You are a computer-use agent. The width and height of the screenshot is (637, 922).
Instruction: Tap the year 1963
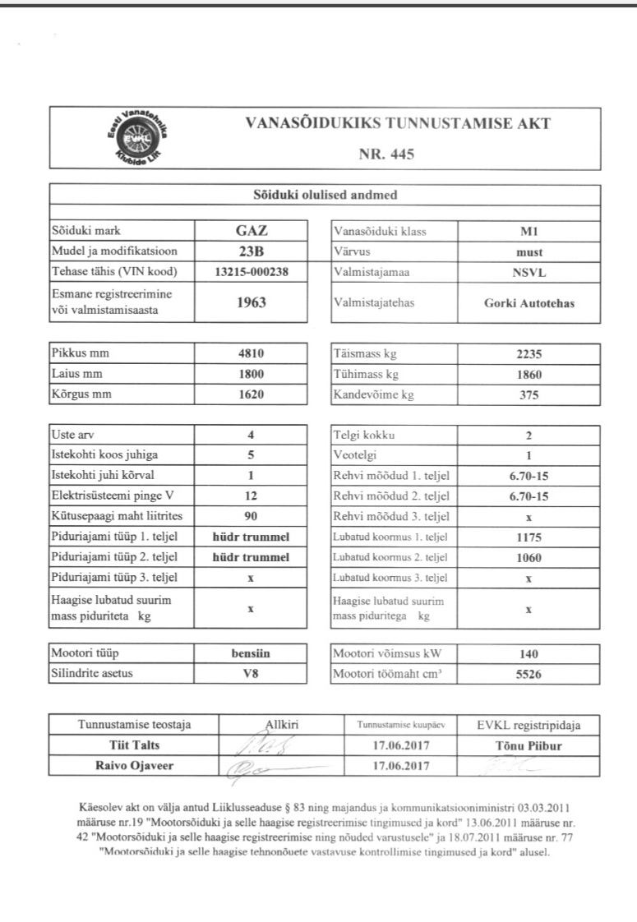tap(250, 302)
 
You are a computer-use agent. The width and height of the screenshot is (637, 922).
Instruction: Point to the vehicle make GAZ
tap(250, 231)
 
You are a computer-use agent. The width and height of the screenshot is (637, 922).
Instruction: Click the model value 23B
tap(250, 251)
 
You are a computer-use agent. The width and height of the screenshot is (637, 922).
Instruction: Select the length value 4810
tap(250, 355)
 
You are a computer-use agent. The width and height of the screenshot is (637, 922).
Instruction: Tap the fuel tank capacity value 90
tap(250, 515)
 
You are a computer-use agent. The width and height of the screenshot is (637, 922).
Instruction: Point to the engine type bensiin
tap(250, 655)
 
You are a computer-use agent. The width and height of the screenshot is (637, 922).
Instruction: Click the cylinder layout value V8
tap(250, 675)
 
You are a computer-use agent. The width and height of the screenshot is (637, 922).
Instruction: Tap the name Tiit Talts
tap(133, 746)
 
